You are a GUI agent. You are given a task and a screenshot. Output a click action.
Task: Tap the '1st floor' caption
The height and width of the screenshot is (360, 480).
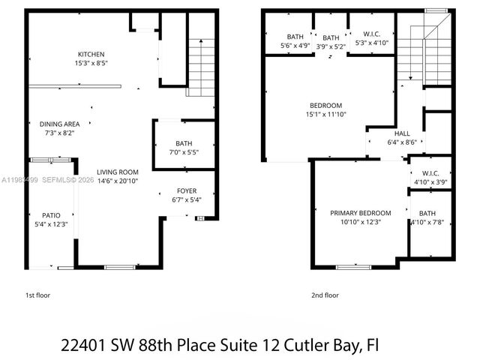(x=38, y=295)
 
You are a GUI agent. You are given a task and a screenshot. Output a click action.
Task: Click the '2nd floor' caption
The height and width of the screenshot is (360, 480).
(x=325, y=295)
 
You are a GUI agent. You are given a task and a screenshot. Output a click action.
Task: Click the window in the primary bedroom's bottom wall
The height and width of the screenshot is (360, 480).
(x=352, y=266)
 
